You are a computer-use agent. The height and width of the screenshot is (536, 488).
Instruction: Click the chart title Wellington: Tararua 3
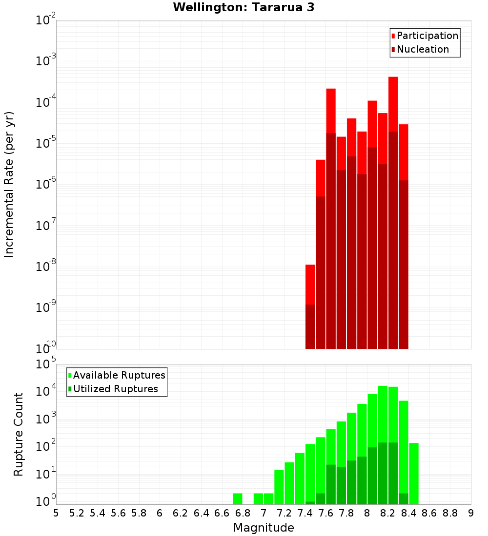243,7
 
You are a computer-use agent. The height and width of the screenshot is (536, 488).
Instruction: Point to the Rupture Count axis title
19,434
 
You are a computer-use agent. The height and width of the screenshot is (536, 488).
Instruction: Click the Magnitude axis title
264,528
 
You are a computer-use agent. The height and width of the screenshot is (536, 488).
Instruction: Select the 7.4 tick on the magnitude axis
305,513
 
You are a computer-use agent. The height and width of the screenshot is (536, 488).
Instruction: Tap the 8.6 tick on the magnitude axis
429,513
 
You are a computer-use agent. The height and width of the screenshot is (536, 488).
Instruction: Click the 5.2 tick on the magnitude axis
77,513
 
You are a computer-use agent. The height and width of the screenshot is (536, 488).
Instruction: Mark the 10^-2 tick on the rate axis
45,20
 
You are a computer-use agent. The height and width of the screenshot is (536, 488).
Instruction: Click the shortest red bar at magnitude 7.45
310,283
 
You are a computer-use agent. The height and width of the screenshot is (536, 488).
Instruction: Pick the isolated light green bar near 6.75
238,498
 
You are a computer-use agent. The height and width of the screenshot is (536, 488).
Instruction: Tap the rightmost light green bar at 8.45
414,473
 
